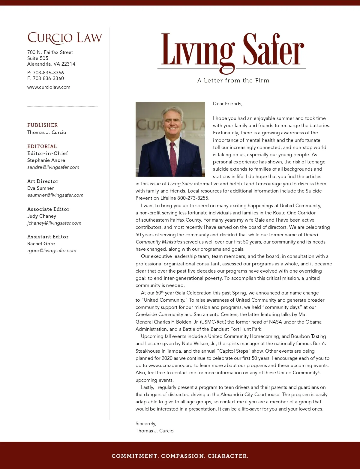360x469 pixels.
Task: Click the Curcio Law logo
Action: [64, 38]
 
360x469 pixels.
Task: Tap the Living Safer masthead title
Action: [232, 50]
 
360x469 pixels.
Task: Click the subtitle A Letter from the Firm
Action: [233, 80]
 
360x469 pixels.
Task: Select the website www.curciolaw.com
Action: [49, 87]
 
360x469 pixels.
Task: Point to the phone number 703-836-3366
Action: [48, 73]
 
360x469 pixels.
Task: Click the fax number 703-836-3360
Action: [48, 78]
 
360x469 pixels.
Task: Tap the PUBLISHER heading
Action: [42, 125]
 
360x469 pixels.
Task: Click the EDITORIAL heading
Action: [42, 146]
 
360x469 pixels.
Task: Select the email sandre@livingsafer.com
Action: [53, 167]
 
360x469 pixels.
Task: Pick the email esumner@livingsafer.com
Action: [55, 195]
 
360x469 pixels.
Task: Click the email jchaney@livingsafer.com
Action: [54, 223]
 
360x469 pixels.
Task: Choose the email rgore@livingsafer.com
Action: [52, 251]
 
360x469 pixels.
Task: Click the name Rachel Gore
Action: [41, 243]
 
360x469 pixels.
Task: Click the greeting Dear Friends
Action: [227, 104]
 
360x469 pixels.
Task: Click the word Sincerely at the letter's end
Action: [146, 424]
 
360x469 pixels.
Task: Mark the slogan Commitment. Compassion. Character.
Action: [180, 456]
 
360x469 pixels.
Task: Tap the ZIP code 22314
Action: [68, 64]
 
